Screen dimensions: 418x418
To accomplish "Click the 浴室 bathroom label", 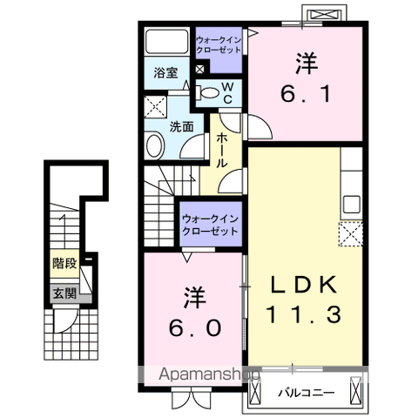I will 165,74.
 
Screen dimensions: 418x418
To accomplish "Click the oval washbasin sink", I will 155,145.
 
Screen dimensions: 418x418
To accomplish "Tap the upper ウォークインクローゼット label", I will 219,44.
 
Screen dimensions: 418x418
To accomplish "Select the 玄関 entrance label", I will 63,293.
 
